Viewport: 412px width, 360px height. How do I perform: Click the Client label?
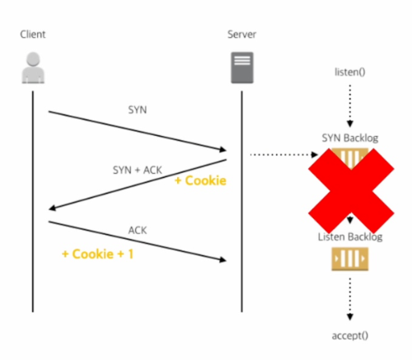(x=33, y=35)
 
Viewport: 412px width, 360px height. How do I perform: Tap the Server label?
(x=241, y=35)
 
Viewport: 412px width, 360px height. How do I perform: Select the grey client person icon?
(x=33, y=68)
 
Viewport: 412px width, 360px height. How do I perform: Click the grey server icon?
(x=242, y=68)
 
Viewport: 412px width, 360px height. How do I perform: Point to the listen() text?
(x=350, y=72)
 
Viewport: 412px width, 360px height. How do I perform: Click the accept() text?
(x=350, y=335)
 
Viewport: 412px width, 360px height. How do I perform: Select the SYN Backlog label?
(x=350, y=138)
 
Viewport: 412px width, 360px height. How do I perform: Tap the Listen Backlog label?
(x=350, y=237)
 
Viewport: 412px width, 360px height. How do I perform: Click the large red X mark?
(x=351, y=191)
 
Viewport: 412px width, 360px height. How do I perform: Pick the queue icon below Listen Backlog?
(x=350, y=259)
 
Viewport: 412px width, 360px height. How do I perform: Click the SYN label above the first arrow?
(x=138, y=110)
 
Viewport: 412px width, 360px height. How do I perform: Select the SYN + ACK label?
(x=138, y=170)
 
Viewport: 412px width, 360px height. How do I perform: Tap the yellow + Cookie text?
(x=200, y=180)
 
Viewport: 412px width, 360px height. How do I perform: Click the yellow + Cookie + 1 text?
(x=98, y=254)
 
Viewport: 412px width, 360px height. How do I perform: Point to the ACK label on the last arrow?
(x=138, y=230)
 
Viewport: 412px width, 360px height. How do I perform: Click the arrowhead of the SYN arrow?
(x=223, y=149)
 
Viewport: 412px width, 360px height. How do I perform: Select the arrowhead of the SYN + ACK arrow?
(x=52, y=208)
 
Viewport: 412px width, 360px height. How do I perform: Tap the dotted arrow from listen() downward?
(x=350, y=106)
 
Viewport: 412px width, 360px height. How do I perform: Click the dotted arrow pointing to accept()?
(x=350, y=299)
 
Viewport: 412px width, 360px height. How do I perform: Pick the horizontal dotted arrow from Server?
(x=284, y=155)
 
